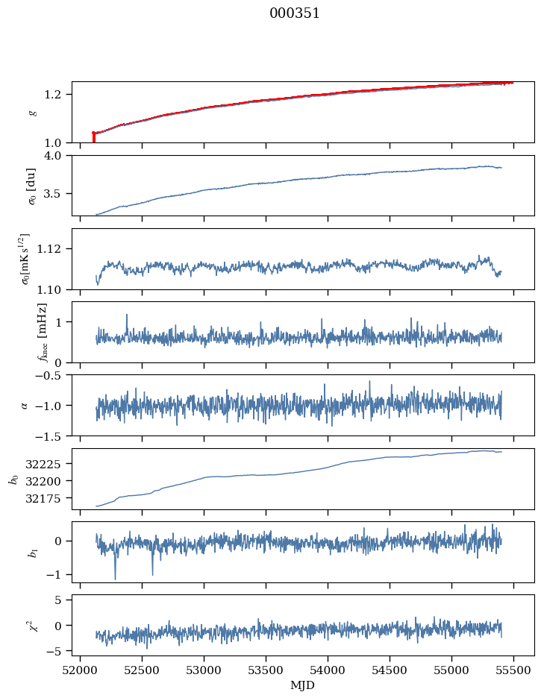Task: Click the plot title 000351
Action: (295, 13)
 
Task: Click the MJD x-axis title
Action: (303, 685)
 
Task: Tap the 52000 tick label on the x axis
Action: (80, 669)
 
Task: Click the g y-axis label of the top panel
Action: (32, 112)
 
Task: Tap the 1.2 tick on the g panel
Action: (57, 94)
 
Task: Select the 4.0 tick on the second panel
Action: (57, 155)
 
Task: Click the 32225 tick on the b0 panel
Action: (47, 463)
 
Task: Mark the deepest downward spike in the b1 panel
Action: (115, 579)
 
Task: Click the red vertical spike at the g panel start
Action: (93, 137)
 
